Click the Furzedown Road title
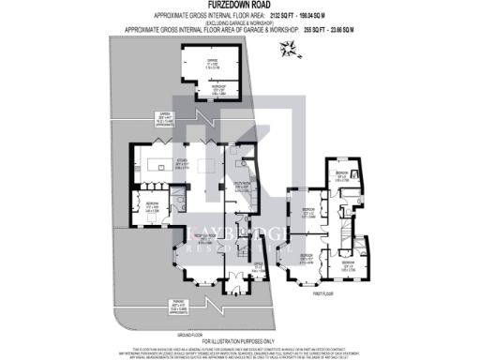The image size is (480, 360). tap(240, 6)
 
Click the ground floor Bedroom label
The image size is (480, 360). tap(151, 205)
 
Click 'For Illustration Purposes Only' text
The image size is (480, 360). tap(240, 339)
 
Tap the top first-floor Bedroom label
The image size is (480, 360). tap(343, 176)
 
